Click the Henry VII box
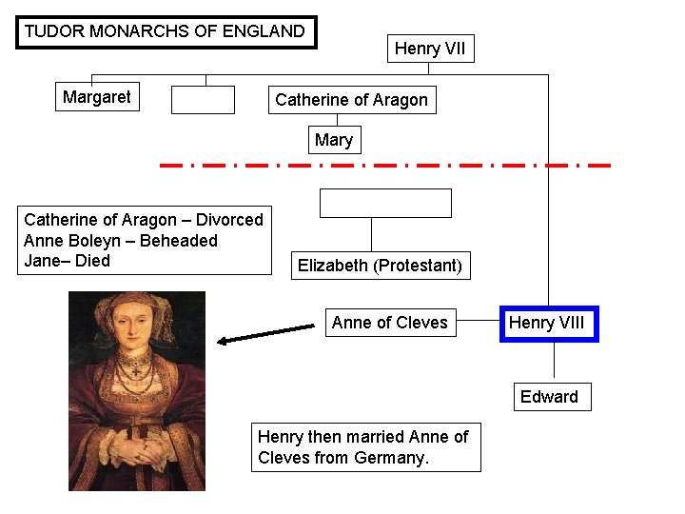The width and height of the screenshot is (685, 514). coord(430,49)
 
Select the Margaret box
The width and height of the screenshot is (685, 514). coord(96,97)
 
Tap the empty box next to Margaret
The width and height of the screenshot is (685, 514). coord(203,100)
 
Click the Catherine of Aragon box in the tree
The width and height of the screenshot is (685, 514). coord(351,100)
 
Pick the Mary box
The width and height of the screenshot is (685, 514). coord(333,141)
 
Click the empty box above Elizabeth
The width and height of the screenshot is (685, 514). coord(385,203)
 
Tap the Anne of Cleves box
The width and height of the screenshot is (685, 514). coord(389,323)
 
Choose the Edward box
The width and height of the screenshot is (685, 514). coord(549,397)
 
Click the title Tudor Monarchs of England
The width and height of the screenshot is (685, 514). coord(166,31)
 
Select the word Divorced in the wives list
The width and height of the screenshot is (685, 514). coord(229,220)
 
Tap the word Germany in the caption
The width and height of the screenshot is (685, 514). coord(390,458)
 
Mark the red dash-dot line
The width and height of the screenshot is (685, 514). coord(385,166)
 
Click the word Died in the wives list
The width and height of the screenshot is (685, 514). coord(93,261)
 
